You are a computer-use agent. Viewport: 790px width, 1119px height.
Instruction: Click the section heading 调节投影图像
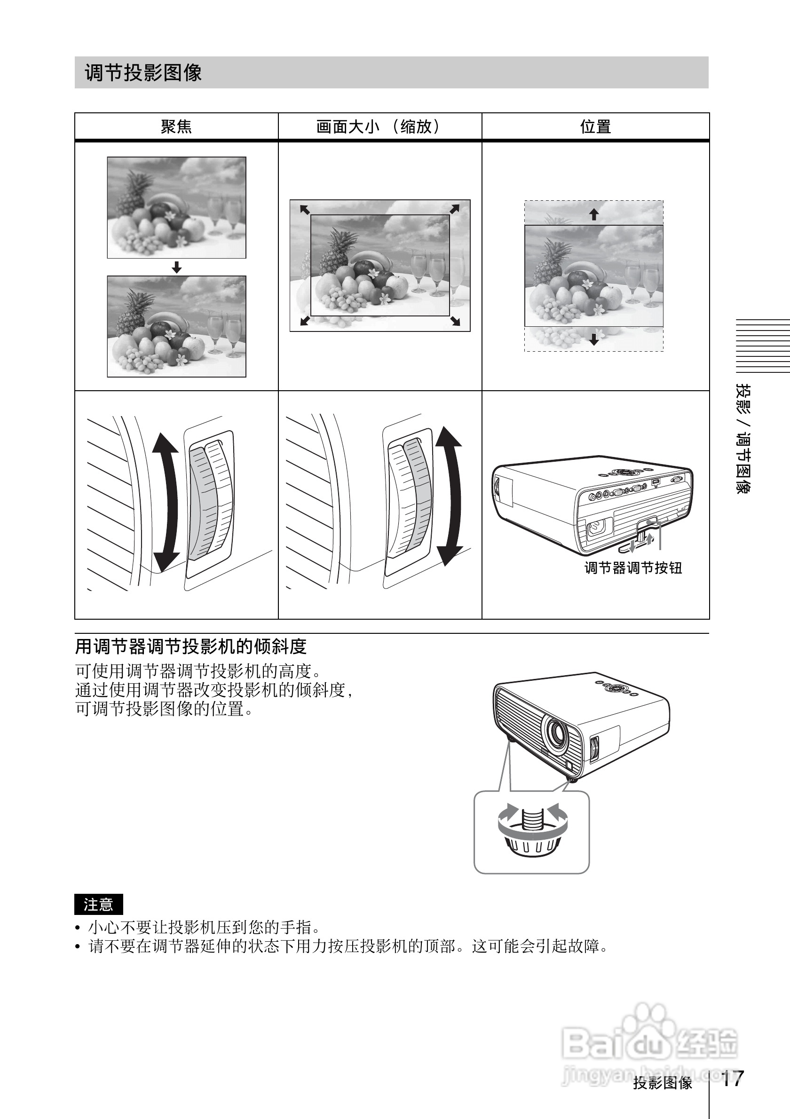click(x=143, y=72)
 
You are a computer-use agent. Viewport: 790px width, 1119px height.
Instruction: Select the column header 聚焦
click(x=176, y=127)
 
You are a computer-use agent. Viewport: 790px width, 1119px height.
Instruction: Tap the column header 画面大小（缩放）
click(x=379, y=127)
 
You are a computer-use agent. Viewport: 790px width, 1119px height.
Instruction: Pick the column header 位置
click(x=595, y=127)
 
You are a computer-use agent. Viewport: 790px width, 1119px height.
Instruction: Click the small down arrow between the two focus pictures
click(x=177, y=267)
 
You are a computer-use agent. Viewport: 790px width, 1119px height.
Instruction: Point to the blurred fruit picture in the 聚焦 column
click(x=176, y=208)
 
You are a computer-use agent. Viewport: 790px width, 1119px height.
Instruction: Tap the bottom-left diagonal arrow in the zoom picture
click(x=305, y=320)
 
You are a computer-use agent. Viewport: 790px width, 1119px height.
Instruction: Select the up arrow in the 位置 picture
click(x=593, y=214)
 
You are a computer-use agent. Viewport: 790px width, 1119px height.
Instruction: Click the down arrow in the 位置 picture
click(x=593, y=339)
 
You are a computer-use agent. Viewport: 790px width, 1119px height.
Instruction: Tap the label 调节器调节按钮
click(x=632, y=568)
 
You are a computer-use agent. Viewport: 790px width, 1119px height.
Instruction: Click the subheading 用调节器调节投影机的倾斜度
click(x=190, y=647)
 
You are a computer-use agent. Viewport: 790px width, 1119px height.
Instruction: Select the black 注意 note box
click(x=98, y=905)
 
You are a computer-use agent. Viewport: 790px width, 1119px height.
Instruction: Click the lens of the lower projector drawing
click(x=555, y=733)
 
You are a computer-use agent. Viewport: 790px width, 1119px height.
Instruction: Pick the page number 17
click(x=732, y=1079)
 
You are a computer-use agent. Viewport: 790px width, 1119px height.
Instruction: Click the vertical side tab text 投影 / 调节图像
click(x=743, y=439)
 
